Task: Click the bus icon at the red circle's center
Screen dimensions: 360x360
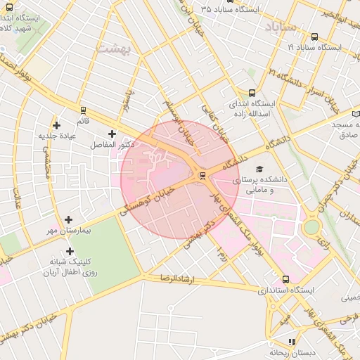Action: (x=202, y=175)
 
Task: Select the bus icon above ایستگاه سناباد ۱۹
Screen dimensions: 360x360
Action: (x=314, y=37)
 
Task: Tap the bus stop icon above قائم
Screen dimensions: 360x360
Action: (x=84, y=110)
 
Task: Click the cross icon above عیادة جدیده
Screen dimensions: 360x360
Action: (x=56, y=125)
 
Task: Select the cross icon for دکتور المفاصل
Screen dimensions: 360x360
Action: (x=112, y=133)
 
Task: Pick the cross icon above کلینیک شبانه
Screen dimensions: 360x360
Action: (x=69, y=251)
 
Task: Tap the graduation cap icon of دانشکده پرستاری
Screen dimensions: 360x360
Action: (x=259, y=169)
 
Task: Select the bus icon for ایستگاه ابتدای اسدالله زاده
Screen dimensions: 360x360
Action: (x=252, y=92)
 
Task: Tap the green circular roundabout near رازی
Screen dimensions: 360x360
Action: (x=311, y=227)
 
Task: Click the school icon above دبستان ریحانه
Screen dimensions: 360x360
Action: (x=292, y=342)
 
